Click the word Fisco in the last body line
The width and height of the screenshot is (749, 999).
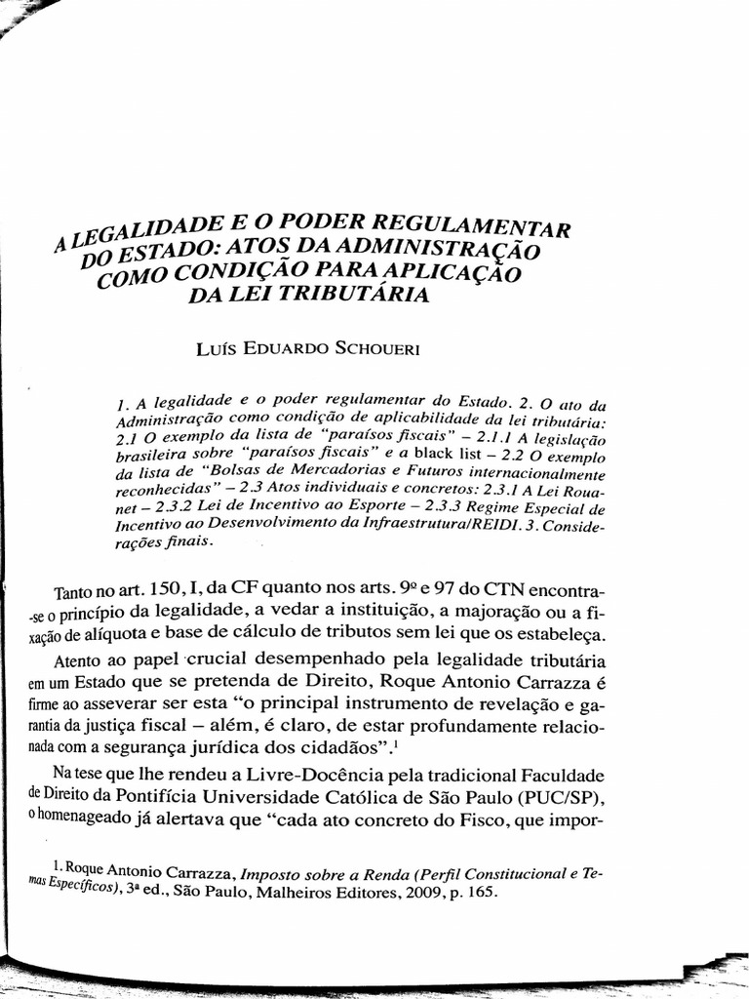pyautogui.click(x=515, y=819)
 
